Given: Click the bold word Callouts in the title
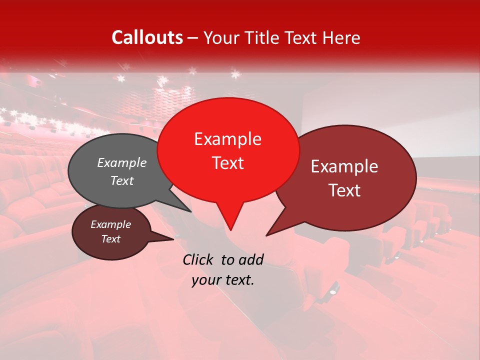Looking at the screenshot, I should coord(147,37).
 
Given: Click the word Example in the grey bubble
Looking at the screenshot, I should coord(122,162).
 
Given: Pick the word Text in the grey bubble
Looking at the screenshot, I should coord(122,180).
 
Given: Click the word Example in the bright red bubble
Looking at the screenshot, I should coord(228,139).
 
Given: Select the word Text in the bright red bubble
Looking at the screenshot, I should coord(228,163).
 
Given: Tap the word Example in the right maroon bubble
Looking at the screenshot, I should coord(344,166).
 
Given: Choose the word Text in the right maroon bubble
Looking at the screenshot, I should coord(344,190).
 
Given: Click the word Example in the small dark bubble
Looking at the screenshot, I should coord(110,224).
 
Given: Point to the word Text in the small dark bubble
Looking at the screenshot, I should coord(110,239).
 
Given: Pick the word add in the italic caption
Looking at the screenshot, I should coord(251,259).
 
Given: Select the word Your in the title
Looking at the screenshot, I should coord(222,37).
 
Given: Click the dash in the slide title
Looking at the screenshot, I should coord(193,38).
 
